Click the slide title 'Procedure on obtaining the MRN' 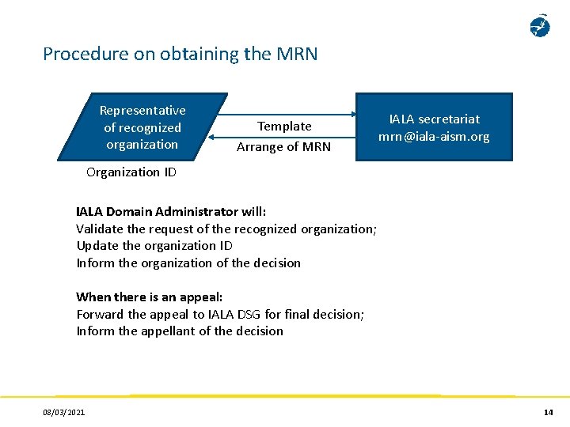pyautogui.click(x=180, y=54)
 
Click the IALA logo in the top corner pyautogui.click(x=539, y=26)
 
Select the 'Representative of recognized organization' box pyautogui.click(x=142, y=127)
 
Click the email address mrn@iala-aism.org pyautogui.click(x=434, y=137)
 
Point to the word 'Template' pyautogui.click(x=284, y=127)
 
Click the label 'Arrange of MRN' pyautogui.click(x=283, y=146)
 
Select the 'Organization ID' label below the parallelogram pyautogui.click(x=131, y=172)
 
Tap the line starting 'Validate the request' pyautogui.click(x=226, y=229)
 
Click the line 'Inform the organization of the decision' pyautogui.click(x=188, y=263)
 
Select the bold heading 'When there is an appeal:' pyautogui.click(x=149, y=297)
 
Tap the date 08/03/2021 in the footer pyautogui.click(x=65, y=412)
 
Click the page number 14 pyautogui.click(x=548, y=412)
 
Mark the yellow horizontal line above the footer pyautogui.click(x=285, y=395)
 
